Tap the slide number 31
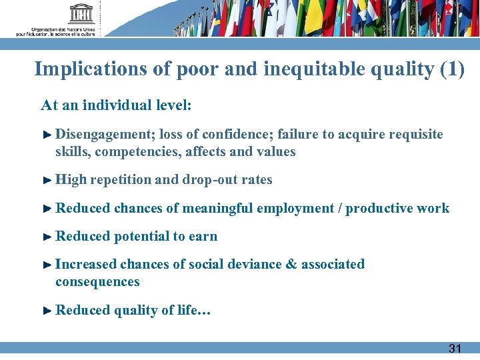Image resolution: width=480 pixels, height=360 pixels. pyautogui.click(x=455, y=348)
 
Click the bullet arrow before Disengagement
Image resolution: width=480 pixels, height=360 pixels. pyautogui.click(x=47, y=135)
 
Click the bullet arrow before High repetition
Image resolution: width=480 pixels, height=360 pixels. pyautogui.click(x=47, y=180)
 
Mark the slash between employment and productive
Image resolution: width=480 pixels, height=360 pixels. pyautogui.click(x=341, y=209)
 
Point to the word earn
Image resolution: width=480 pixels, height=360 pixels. pyautogui.click(x=203, y=237)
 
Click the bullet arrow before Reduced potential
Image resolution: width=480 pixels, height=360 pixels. pyautogui.click(x=47, y=237)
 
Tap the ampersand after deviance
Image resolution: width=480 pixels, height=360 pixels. pyautogui.click(x=291, y=265)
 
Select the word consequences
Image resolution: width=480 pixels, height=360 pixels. pyautogui.click(x=97, y=282)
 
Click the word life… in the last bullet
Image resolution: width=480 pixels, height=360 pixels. pyautogui.click(x=197, y=310)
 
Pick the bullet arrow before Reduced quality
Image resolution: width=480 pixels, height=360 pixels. pyautogui.click(x=47, y=310)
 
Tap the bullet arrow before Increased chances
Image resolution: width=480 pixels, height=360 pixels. pyautogui.click(x=47, y=265)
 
